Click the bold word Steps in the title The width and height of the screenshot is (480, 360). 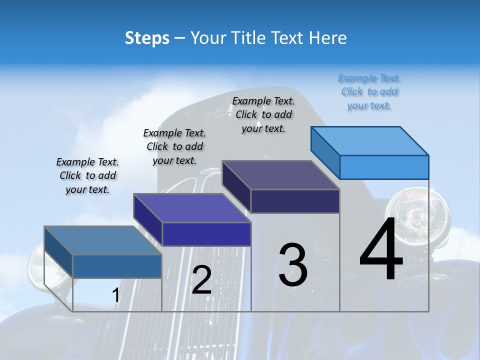[x=147, y=38]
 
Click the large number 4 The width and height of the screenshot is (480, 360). [x=381, y=249]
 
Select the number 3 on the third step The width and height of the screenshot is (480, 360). [x=293, y=264]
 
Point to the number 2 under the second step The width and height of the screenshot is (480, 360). [x=201, y=279]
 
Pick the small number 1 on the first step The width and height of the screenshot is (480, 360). [x=115, y=295]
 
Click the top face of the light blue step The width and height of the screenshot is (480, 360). [x=369, y=140]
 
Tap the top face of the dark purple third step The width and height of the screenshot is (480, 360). [x=280, y=175]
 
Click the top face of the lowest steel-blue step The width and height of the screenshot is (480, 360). [x=102, y=240]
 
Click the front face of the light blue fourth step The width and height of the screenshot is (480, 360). [x=384, y=167]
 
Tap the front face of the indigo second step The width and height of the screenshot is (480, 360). [x=206, y=234]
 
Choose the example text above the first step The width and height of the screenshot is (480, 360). [x=87, y=175]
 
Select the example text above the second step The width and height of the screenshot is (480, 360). [x=174, y=146]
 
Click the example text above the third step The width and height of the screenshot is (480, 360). [x=263, y=114]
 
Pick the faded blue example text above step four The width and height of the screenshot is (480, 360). [x=369, y=91]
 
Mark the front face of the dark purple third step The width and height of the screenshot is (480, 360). [x=295, y=201]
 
